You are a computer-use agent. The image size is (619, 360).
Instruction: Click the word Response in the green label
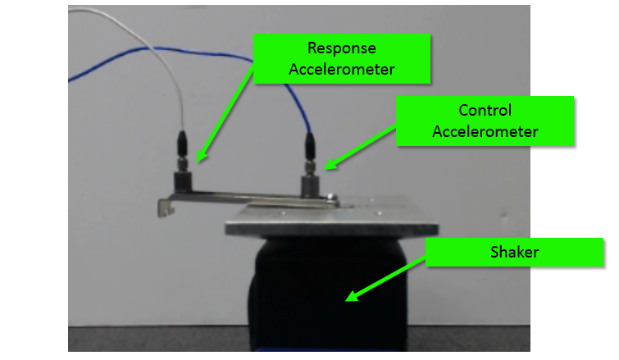pyautogui.click(x=341, y=49)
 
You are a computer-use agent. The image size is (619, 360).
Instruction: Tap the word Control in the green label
pyautogui.click(x=485, y=111)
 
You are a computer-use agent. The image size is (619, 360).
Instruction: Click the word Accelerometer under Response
pyautogui.click(x=341, y=69)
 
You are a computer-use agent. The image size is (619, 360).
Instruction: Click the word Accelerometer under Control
pyautogui.click(x=485, y=130)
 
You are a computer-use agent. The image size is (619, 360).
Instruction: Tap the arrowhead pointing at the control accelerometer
pyautogui.click(x=330, y=165)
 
